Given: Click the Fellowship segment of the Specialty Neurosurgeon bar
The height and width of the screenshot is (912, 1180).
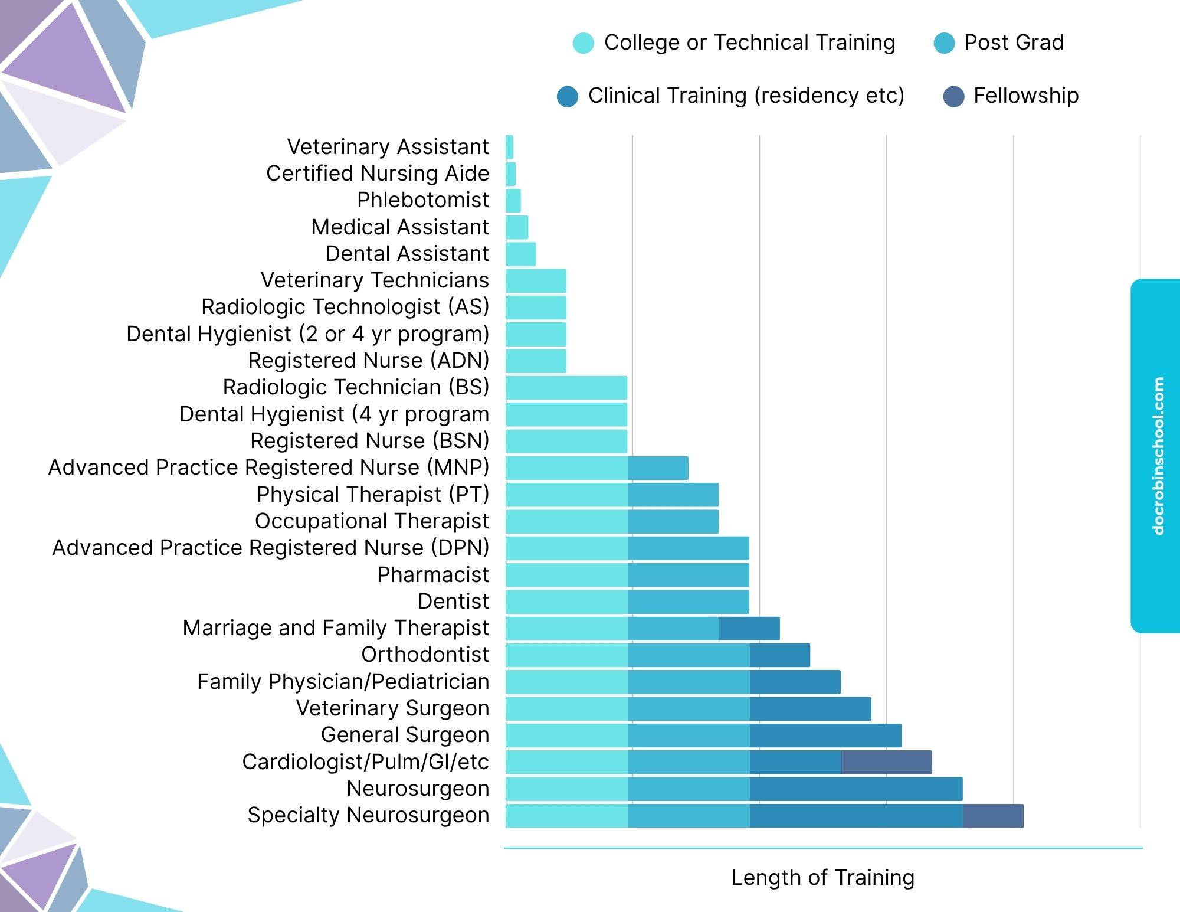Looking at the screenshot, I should [993, 815].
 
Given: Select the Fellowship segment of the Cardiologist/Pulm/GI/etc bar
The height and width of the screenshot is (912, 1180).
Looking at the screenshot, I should [886, 762].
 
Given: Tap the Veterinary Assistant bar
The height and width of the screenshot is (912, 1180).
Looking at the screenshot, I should [509, 147].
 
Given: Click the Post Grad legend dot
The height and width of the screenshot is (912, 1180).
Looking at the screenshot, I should [944, 43].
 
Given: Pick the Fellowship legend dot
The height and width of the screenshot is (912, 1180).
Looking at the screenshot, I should [953, 96].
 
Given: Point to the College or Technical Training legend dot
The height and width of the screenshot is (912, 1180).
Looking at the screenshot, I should [583, 43].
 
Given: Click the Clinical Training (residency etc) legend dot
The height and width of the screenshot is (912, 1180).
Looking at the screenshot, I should [567, 96].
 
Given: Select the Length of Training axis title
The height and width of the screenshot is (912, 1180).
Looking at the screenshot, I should [822, 878].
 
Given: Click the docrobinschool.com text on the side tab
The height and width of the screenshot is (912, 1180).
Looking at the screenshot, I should [1158, 456].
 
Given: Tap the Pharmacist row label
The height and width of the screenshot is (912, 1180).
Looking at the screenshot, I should [433, 574].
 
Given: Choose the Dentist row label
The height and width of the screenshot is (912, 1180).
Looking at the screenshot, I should [453, 601].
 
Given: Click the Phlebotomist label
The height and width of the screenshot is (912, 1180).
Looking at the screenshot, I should [422, 200].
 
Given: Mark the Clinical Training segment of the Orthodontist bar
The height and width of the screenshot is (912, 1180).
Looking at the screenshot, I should [779, 655].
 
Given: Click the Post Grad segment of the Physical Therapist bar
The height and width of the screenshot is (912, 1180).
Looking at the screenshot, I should [673, 495].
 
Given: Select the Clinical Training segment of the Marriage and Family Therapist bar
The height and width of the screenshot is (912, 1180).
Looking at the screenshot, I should [749, 629].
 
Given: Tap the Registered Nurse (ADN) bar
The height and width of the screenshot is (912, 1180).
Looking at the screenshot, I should [536, 361].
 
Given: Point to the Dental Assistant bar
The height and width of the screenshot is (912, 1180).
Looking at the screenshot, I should [520, 254].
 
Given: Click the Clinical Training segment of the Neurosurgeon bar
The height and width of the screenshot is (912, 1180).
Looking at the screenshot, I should [855, 789].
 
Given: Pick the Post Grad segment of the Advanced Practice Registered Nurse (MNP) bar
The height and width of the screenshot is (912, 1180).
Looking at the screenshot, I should [658, 468].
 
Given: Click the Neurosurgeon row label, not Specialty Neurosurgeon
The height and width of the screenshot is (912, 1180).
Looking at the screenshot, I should [418, 789].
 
